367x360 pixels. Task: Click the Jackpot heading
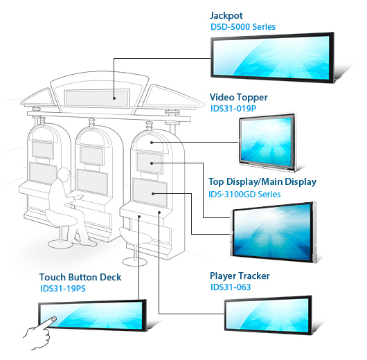[226, 16]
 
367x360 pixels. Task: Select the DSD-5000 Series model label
[243, 27]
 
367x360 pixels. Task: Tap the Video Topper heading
[238, 98]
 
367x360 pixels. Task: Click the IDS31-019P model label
[233, 109]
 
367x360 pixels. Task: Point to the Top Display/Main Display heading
[262, 182]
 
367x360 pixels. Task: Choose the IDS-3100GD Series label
[244, 195]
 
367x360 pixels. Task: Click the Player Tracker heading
[240, 276]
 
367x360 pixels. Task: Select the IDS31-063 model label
[231, 287]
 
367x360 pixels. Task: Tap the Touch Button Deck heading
[80, 277]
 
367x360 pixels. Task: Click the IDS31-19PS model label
[63, 289]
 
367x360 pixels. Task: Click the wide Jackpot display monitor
[272, 57]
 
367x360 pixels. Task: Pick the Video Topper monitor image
[267, 143]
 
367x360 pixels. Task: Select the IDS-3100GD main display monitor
[274, 232]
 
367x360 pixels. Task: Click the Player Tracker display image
[268, 315]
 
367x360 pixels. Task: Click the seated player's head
[64, 174]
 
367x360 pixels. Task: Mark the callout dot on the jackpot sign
[114, 98]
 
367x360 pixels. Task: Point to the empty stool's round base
[135, 262]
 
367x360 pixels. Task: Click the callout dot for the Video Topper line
[152, 143]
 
